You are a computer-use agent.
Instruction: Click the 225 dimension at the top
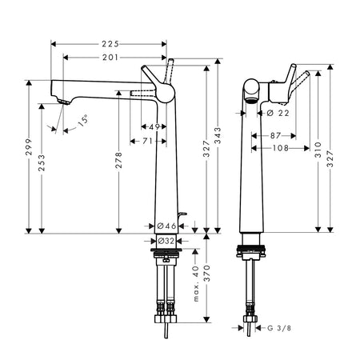click(x=110, y=44)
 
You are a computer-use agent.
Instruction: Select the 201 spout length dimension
click(x=110, y=58)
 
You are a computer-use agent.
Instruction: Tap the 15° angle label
click(x=83, y=120)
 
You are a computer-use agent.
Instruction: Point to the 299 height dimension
click(x=29, y=147)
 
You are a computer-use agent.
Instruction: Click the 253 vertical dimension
click(x=42, y=162)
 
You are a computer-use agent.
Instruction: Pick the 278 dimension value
click(x=118, y=160)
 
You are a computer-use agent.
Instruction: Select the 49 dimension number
click(x=154, y=126)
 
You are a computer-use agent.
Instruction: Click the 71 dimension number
click(x=147, y=141)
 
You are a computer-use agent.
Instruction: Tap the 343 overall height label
click(x=218, y=135)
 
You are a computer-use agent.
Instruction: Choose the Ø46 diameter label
click(x=166, y=226)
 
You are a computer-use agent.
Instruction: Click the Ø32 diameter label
click(x=166, y=241)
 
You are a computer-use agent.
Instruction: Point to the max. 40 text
click(x=196, y=283)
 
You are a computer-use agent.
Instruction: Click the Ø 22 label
click(x=278, y=114)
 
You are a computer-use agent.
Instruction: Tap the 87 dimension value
click(x=275, y=136)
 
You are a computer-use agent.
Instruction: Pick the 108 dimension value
click(x=281, y=148)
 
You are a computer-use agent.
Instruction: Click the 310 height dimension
click(x=318, y=150)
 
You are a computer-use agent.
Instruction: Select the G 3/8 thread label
click(x=279, y=328)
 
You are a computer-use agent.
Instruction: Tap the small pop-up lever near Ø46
click(x=182, y=214)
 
